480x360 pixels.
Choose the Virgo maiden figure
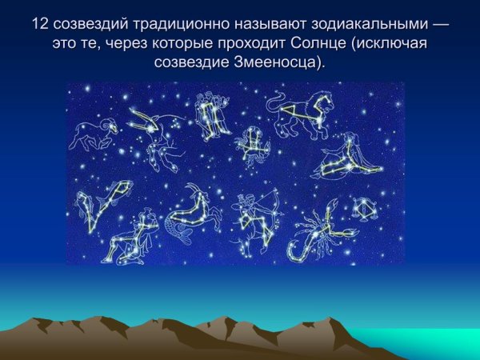(x=350, y=157)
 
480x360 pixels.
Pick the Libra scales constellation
(x=366, y=210)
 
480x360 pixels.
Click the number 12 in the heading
(x=41, y=24)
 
